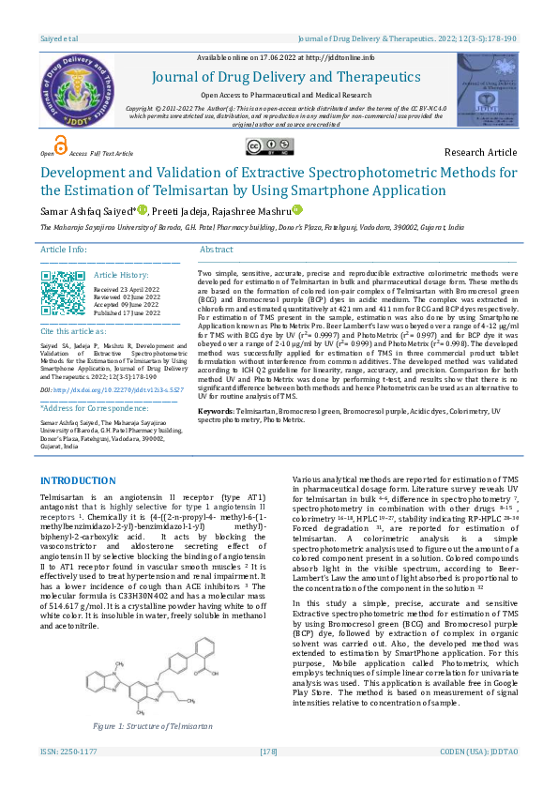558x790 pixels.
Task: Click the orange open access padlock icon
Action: click(x=61, y=144)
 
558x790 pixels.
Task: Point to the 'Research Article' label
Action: click(x=480, y=152)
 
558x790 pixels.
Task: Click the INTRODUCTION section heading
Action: click(x=78, y=480)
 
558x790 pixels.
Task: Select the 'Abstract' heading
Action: click(x=217, y=250)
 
